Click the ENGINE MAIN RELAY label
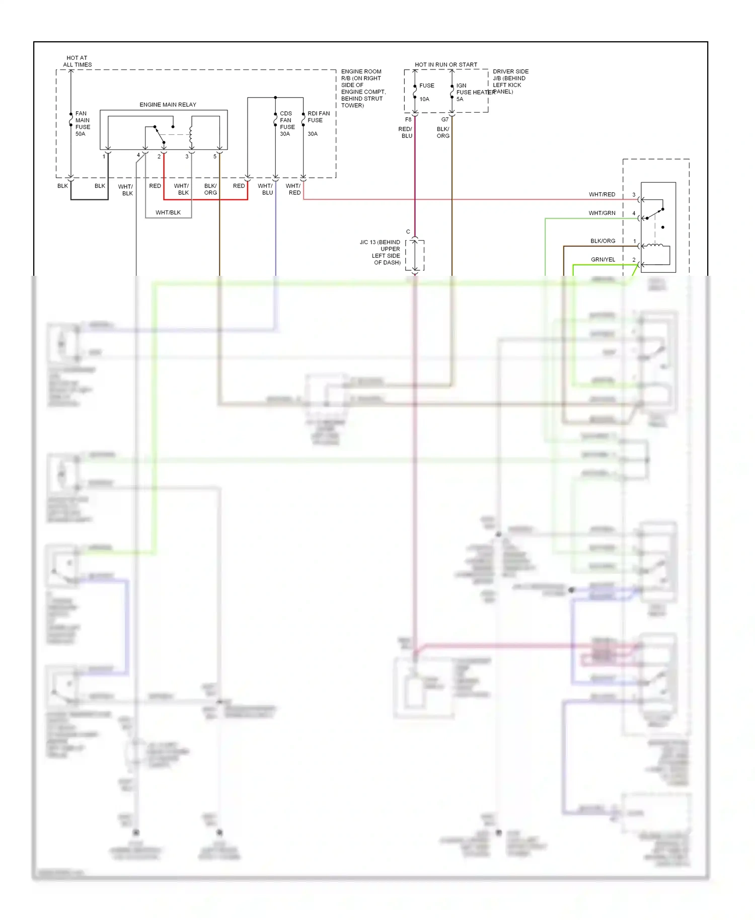pos(168,105)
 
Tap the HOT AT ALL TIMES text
pos(77,61)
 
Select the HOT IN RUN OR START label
pos(445,65)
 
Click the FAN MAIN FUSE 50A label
pos(82,124)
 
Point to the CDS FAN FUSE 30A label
pos(286,124)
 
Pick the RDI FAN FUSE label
pos(318,117)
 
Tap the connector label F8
pos(408,120)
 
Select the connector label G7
pos(444,120)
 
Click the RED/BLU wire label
pos(406,132)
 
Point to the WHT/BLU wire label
pos(265,189)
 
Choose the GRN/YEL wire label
pos(602,260)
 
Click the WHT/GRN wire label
pos(601,213)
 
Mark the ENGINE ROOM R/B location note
pos(363,89)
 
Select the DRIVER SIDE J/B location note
pos(510,82)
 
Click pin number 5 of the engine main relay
pos(215,157)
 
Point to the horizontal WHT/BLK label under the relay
pos(168,213)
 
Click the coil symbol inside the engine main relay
pos(191,132)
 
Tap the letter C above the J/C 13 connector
pos(408,232)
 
